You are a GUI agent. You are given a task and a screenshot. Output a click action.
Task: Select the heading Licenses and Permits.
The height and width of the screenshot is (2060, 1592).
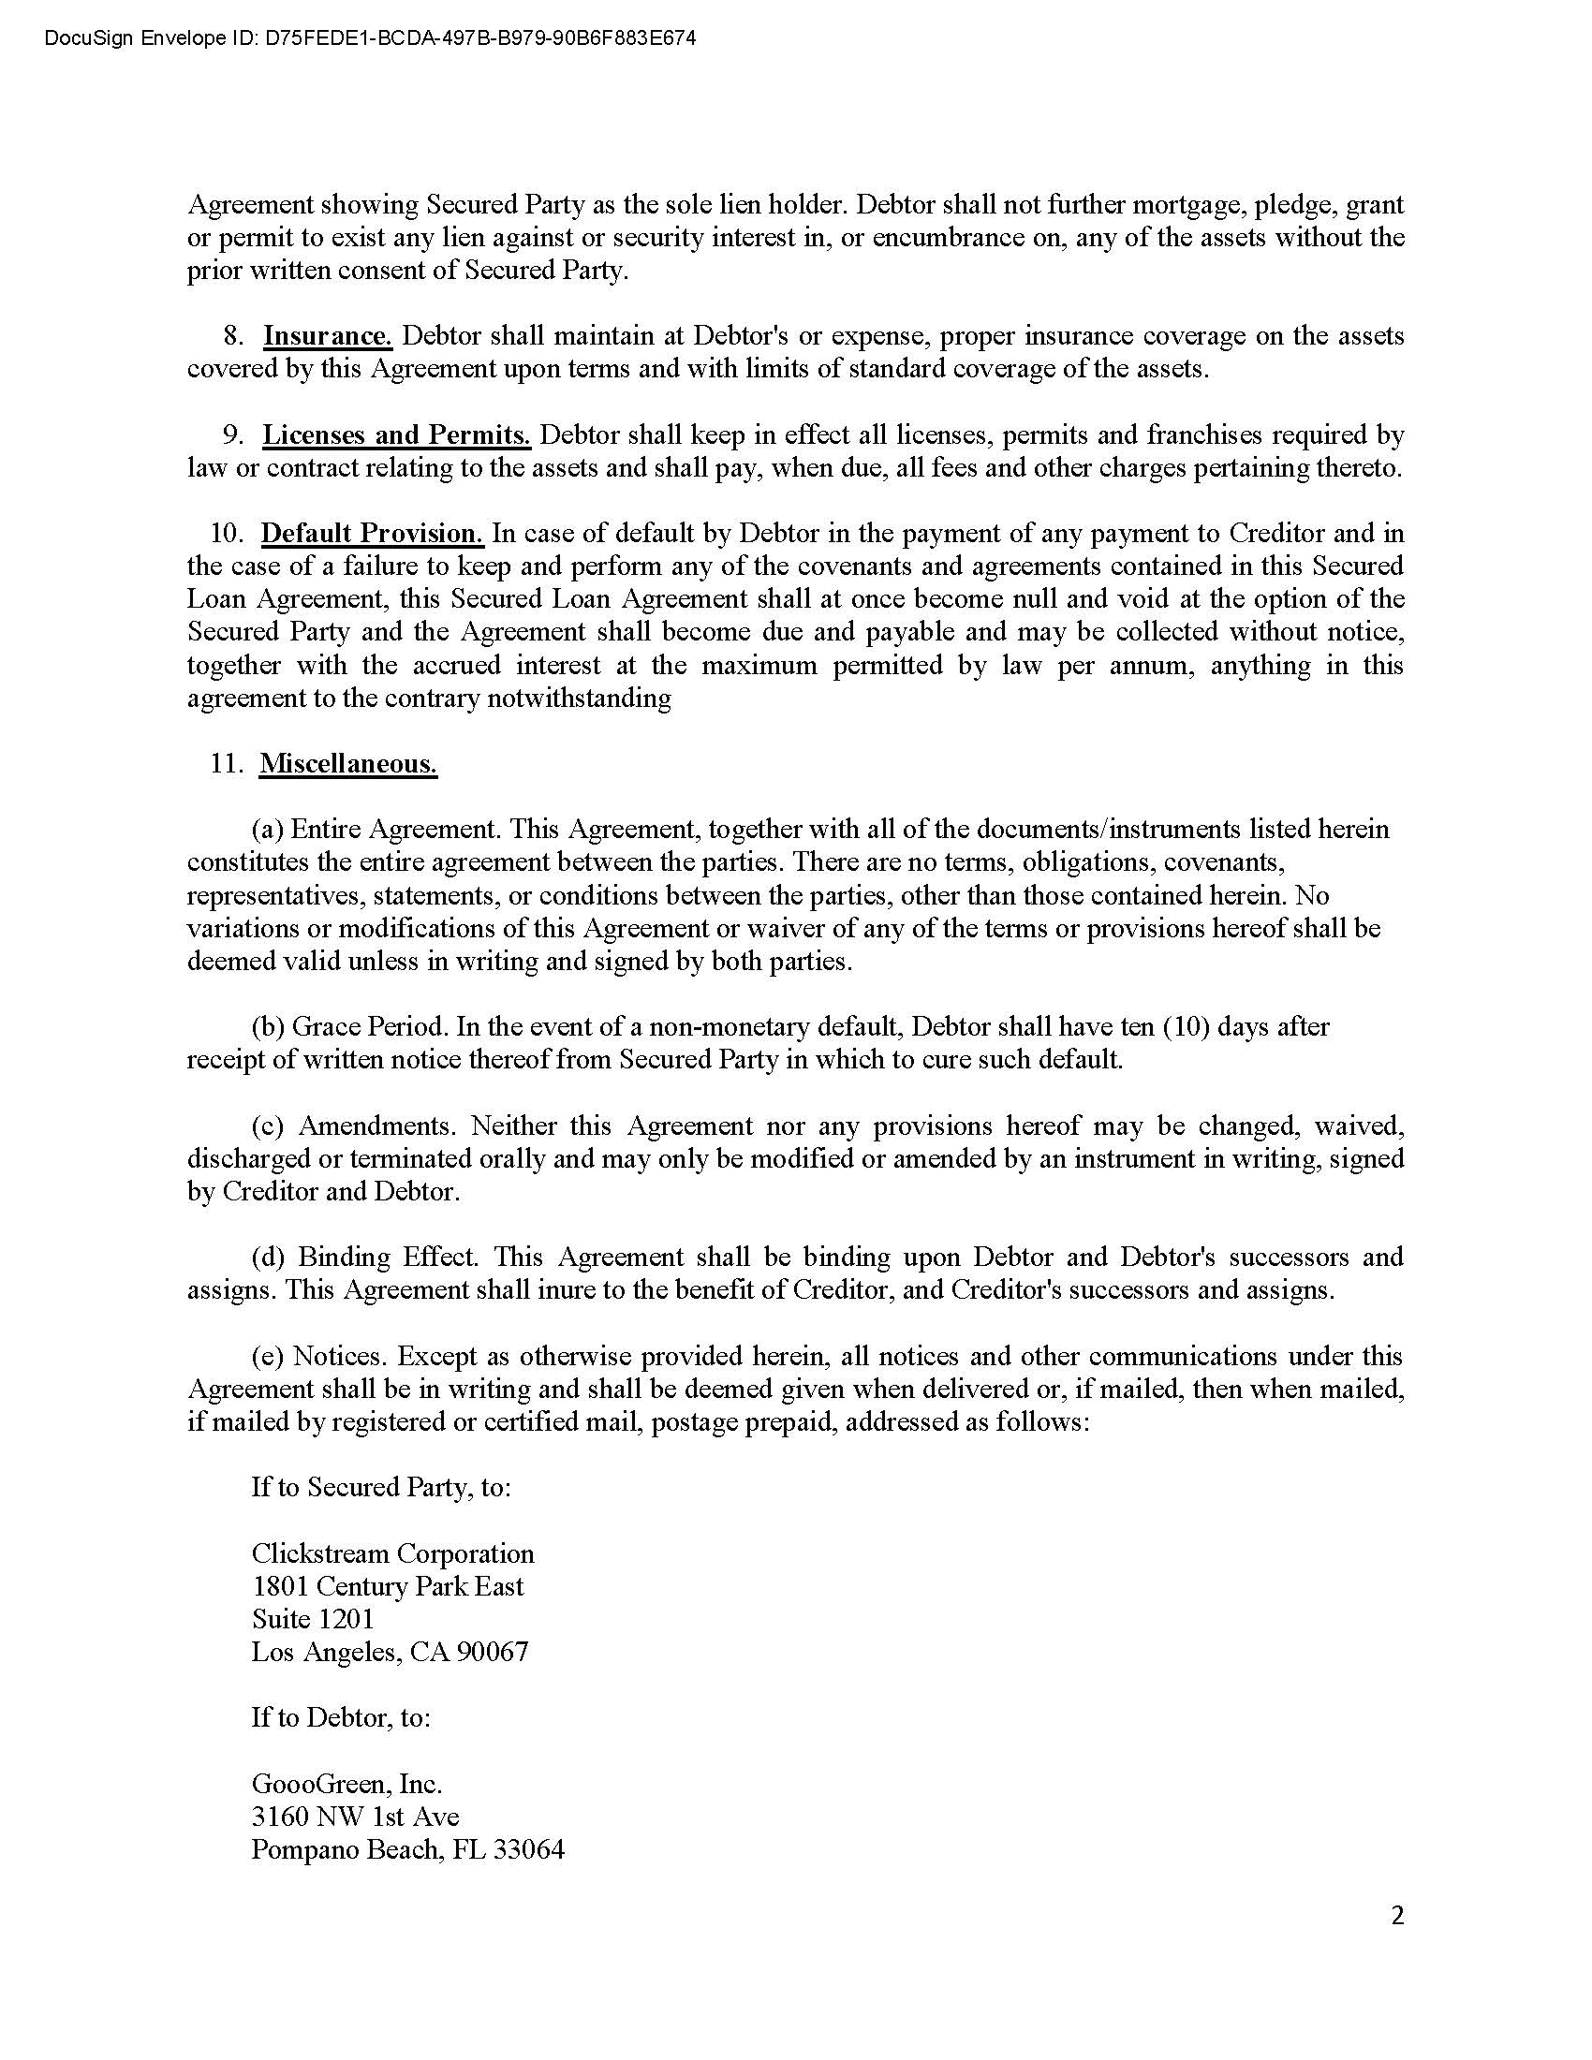coord(396,434)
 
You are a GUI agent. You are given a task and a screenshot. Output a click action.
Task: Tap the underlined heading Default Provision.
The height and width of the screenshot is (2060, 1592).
coord(373,534)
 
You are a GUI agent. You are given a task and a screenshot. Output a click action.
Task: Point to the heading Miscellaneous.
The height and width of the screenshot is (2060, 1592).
coord(348,763)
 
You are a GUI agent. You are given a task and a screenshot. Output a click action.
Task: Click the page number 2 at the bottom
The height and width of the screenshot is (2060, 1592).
coord(1397,1916)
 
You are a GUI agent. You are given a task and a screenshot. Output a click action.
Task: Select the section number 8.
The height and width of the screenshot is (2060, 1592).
coord(233,337)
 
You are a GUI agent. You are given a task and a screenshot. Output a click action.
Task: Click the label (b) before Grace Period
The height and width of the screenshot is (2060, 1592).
coord(268,1026)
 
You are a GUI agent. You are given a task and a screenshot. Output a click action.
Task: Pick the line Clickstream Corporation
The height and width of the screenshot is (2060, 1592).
coord(392,1553)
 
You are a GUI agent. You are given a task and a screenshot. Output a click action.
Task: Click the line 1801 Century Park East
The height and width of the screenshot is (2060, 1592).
coord(387,1586)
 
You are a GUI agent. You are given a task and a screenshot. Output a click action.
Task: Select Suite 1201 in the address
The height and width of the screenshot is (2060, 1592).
coord(312,1620)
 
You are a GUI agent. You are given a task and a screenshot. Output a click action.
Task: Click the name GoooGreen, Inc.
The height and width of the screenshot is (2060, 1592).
coord(346,1784)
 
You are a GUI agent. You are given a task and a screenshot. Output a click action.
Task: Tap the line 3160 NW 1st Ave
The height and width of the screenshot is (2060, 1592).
coord(355,1817)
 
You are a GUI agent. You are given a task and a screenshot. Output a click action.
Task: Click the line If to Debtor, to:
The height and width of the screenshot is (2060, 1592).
coord(341,1717)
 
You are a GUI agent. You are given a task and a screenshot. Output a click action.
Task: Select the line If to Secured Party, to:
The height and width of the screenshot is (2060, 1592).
coord(381,1488)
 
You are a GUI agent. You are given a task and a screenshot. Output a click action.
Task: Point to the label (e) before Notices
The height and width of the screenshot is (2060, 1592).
coord(268,1357)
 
